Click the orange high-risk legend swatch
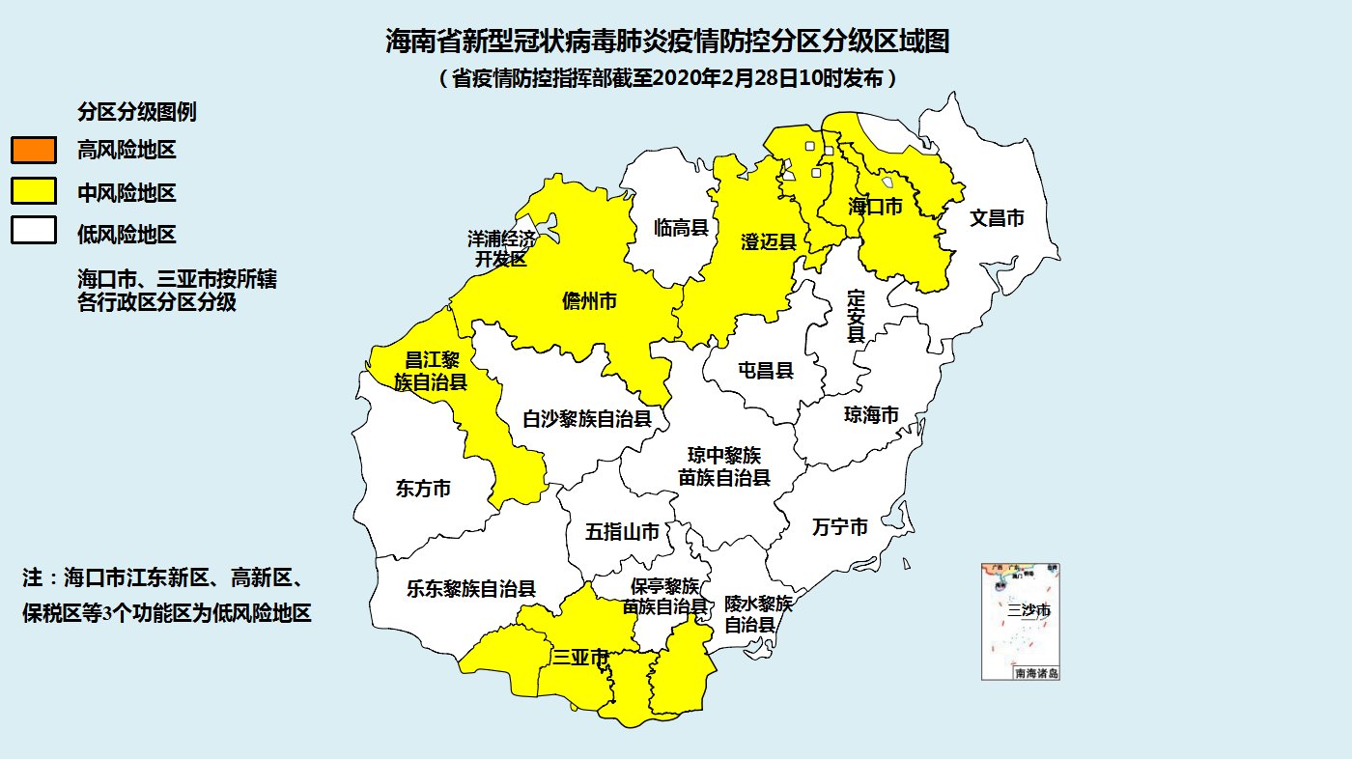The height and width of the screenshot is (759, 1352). (33, 150)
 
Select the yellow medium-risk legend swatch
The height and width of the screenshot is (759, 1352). (33, 191)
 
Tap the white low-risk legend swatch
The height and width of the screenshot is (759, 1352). (33, 233)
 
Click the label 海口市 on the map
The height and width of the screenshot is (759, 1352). (875, 207)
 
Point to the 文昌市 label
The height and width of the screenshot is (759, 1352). (997, 218)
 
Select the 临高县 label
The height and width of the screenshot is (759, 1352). (681, 228)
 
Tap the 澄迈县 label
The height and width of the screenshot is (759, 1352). (768, 241)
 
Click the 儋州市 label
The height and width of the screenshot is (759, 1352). (589, 301)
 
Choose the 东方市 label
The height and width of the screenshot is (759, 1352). (423, 489)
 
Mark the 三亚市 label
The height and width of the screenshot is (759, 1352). (580, 659)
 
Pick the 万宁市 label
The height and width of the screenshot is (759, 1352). (839, 527)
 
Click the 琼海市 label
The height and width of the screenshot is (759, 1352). (871, 415)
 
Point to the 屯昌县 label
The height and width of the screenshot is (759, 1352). (765, 370)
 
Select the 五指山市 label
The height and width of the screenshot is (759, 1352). (623, 532)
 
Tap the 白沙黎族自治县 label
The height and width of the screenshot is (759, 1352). (587, 419)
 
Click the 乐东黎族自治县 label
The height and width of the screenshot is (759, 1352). (471, 588)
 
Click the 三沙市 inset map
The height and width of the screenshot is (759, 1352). (1021, 621)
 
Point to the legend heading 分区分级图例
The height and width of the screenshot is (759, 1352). (137, 112)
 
